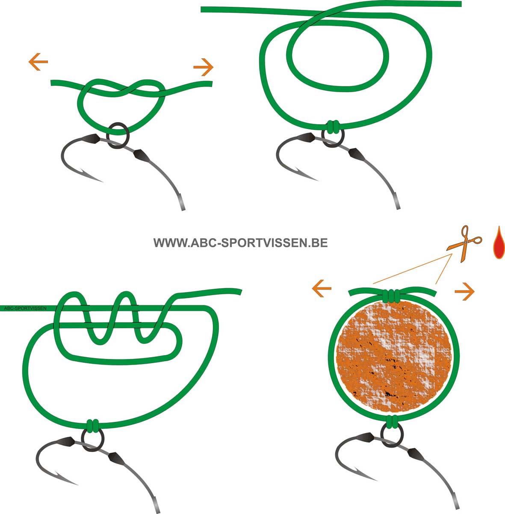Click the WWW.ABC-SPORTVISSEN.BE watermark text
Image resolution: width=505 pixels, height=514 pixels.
[x=240, y=243]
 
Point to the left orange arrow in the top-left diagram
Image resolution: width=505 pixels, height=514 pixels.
[x=38, y=62]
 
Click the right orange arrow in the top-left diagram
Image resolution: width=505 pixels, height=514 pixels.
[x=204, y=67]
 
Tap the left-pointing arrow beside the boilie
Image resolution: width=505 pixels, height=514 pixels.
[x=322, y=288]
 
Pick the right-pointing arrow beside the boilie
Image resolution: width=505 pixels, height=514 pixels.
[x=464, y=292]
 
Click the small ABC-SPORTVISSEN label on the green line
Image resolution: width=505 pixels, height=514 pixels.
[x=25, y=308]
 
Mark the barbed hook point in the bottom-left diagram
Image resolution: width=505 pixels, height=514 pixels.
[x=65, y=479]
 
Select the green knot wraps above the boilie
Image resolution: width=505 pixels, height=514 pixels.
[x=391, y=296]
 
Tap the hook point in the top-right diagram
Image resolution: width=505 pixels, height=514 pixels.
[x=306, y=174]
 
